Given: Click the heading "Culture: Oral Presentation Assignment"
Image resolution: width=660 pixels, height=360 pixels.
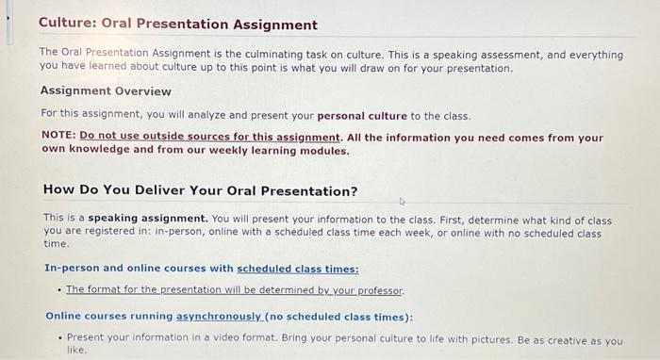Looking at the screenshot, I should click(x=178, y=25).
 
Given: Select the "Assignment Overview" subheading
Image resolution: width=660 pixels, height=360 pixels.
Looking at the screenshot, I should click(x=106, y=91).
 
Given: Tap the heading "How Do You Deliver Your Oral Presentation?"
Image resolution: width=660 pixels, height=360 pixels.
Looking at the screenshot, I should click(x=201, y=190).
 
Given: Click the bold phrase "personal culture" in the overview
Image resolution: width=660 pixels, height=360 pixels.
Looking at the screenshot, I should click(x=362, y=116).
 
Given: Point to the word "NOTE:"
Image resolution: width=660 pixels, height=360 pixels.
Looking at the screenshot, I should click(x=58, y=137).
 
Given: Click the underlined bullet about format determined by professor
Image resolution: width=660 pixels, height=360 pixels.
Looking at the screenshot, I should click(x=235, y=289).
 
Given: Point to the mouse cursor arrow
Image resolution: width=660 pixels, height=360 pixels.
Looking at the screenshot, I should click(x=402, y=201).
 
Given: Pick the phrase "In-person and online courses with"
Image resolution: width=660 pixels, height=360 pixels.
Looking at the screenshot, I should click(x=140, y=268).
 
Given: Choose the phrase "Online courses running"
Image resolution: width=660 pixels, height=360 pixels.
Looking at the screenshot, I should click(x=109, y=317).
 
